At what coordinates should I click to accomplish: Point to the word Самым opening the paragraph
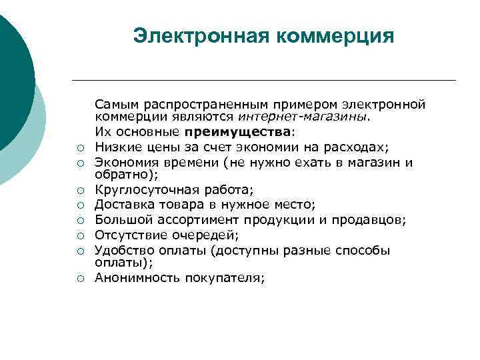tap(115, 105)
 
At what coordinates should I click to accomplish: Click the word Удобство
tap(122, 250)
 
